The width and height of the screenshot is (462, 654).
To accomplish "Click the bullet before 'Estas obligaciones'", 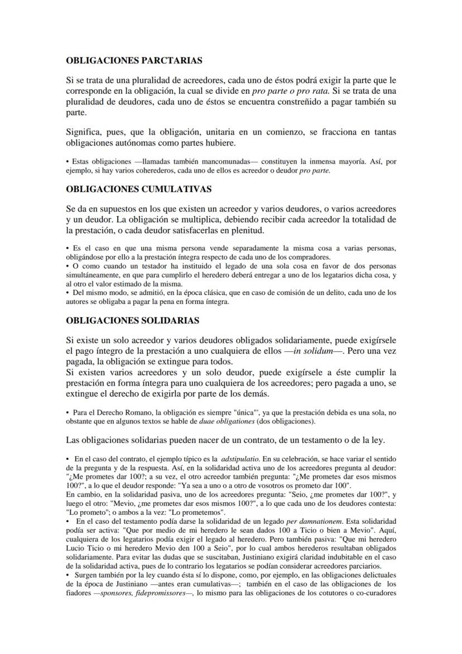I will coord(68,161).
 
